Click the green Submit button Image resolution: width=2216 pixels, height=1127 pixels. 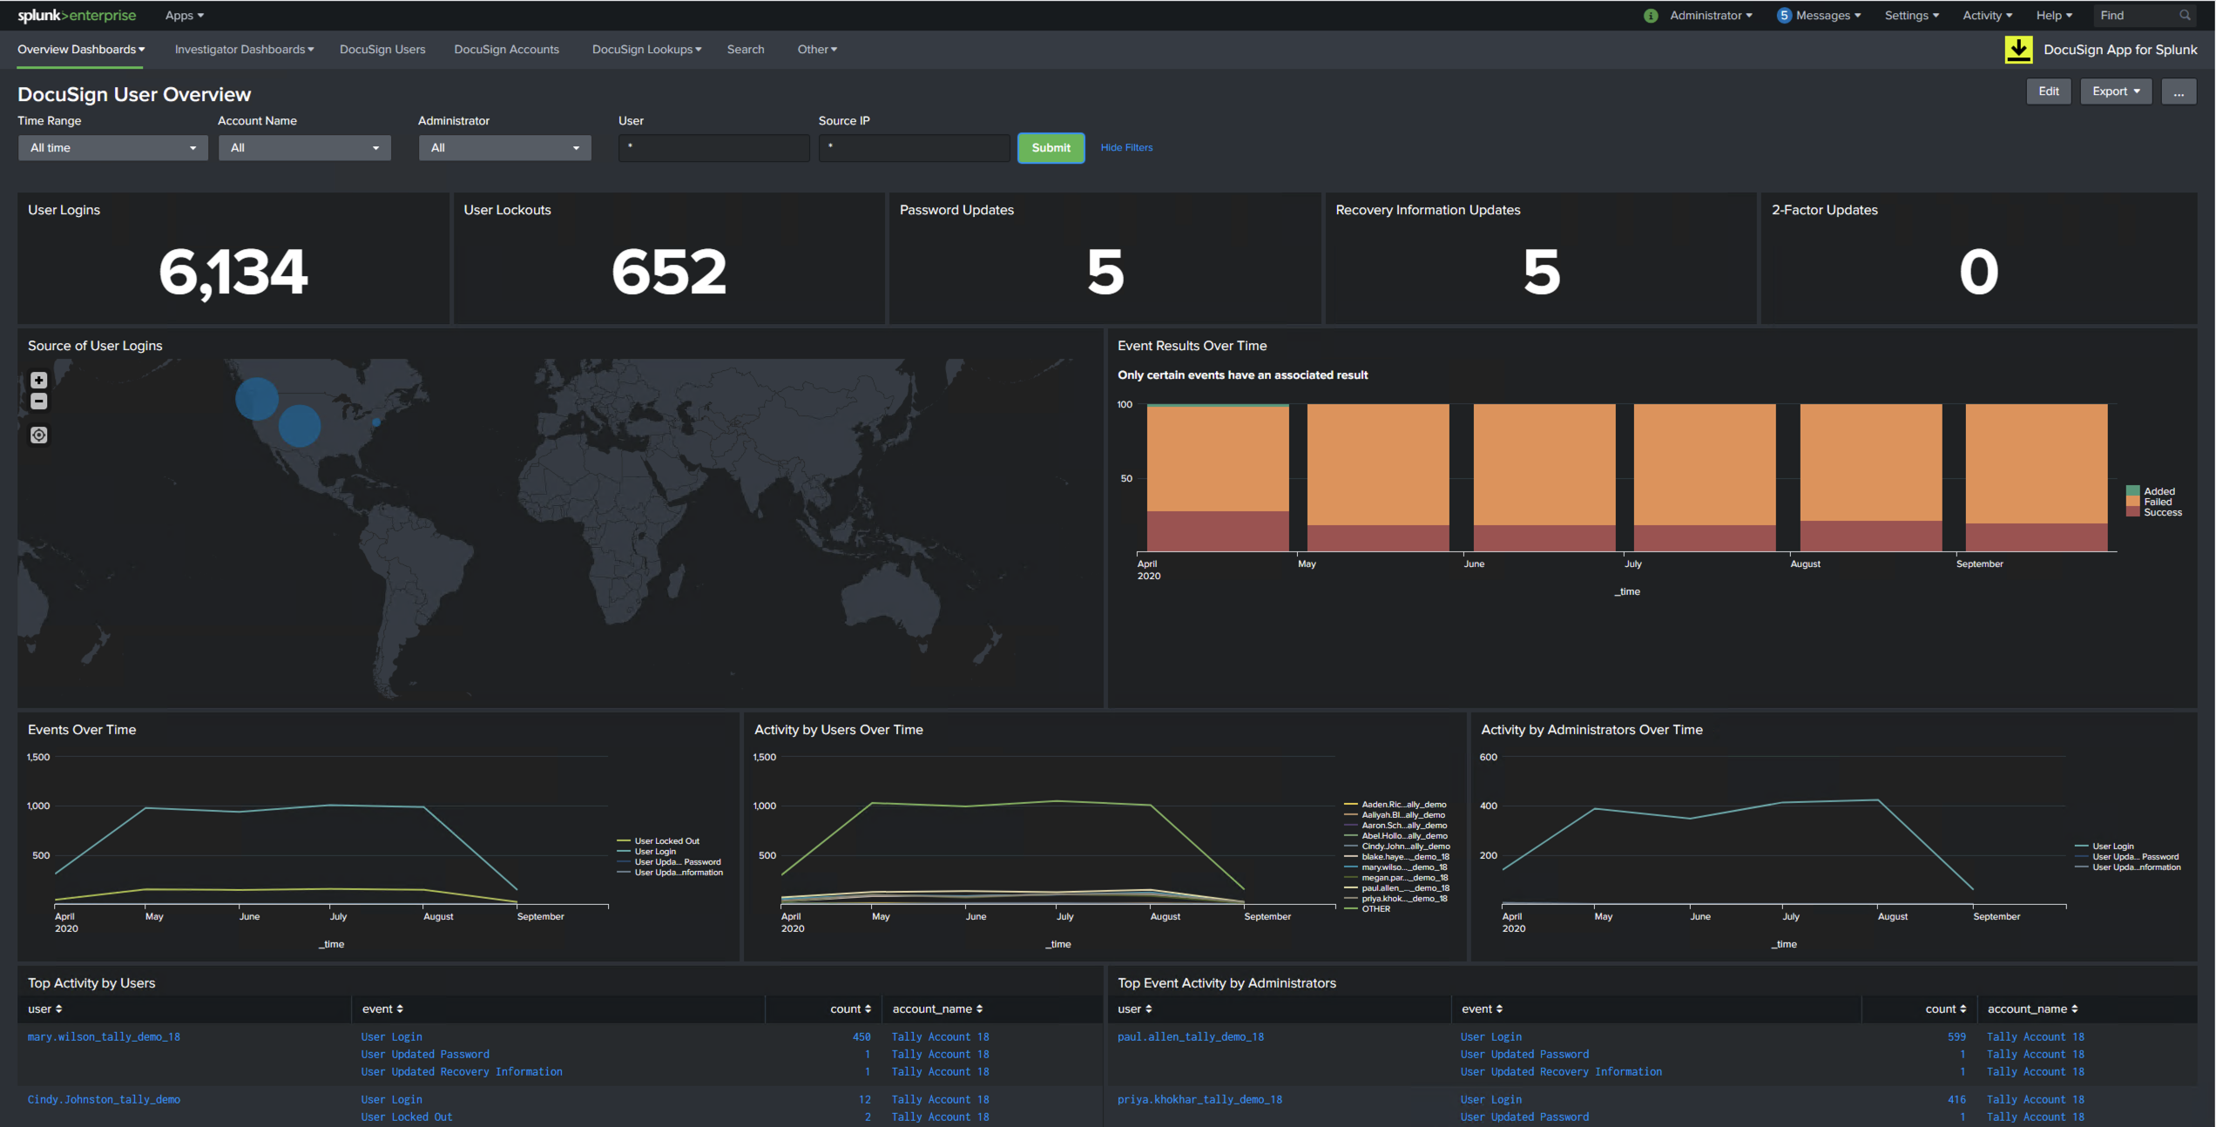pyautogui.click(x=1051, y=148)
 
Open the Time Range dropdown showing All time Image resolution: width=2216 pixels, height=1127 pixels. pyautogui.click(x=112, y=148)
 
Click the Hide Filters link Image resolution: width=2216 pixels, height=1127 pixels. pyautogui.click(x=1125, y=148)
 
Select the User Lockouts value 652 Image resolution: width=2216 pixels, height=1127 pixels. pyautogui.click(x=668, y=272)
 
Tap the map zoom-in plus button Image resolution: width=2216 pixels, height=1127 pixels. pyautogui.click(x=38, y=381)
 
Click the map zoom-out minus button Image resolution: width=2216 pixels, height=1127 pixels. pyautogui.click(x=38, y=402)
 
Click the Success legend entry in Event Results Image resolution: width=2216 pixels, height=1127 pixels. pyautogui.click(x=2162, y=513)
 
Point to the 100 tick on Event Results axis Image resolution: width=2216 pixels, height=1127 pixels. pyautogui.click(x=1125, y=405)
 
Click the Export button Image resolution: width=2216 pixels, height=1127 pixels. pyautogui.click(x=2115, y=91)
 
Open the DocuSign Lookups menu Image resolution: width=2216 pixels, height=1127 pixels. pyautogui.click(x=646, y=50)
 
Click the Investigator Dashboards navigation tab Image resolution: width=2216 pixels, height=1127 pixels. pyautogui.click(x=244, y=50)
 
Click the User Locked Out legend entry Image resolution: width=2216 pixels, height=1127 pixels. pyautogui.click(x=666, y=841)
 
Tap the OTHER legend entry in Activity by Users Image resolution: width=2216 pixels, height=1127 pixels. pyautogui.click(x=1375, y=909)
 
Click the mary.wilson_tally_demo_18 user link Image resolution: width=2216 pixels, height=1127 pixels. pyautogui.click(x=104, y=1037)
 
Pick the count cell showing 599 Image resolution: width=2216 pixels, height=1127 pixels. pyautogui.click(x=1956, y=1037)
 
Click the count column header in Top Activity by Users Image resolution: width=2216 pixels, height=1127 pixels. pyautogui.click(x=849, y=1009)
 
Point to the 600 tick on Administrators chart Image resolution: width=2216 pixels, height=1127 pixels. pyautogui.click(x=1488, y=758)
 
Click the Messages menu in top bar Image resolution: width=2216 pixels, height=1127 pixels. pyautogui.click(x=1821, y=16)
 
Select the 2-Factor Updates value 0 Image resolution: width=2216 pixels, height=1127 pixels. pyautogui.click(x=1978, y=272)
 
